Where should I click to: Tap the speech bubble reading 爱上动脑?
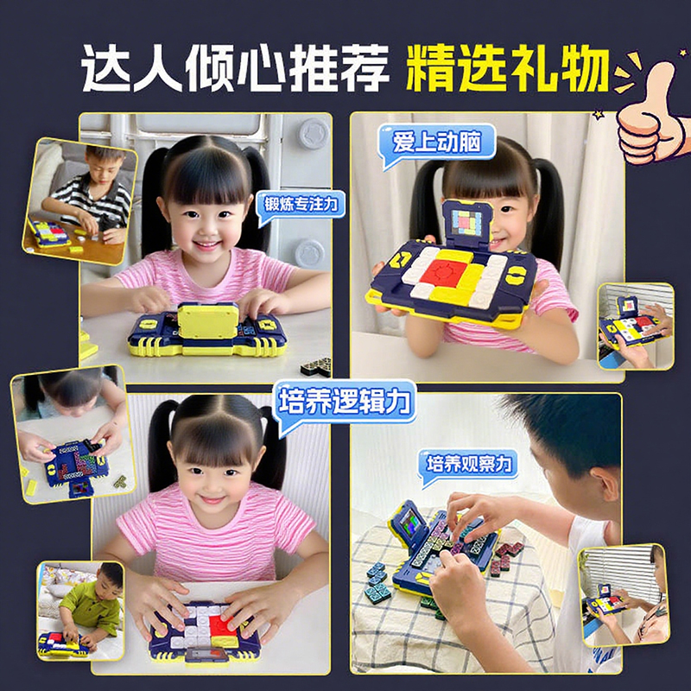(x=437, y=144)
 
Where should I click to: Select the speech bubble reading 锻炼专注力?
(x=301, y=206)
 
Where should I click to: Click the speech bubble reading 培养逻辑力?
(x=344, y=403)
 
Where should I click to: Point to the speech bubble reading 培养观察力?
(x=469, y=466)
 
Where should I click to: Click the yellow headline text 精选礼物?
(x=508, y=68)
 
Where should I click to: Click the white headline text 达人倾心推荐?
(x=235, y=68)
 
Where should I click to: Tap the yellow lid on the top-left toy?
(x=207, y=320)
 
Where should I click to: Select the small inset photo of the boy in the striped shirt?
(x=79, y=201)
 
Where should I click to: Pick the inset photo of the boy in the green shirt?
(x=80, y=611)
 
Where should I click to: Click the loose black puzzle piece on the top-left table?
(x=317, y=366)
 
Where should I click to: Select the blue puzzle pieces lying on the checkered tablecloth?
(x=377, y=580)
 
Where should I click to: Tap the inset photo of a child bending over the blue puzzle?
(x=73, y=434)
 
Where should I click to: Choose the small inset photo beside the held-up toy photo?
(x=636, y=326)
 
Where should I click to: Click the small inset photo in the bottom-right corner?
(x=624, y=595)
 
